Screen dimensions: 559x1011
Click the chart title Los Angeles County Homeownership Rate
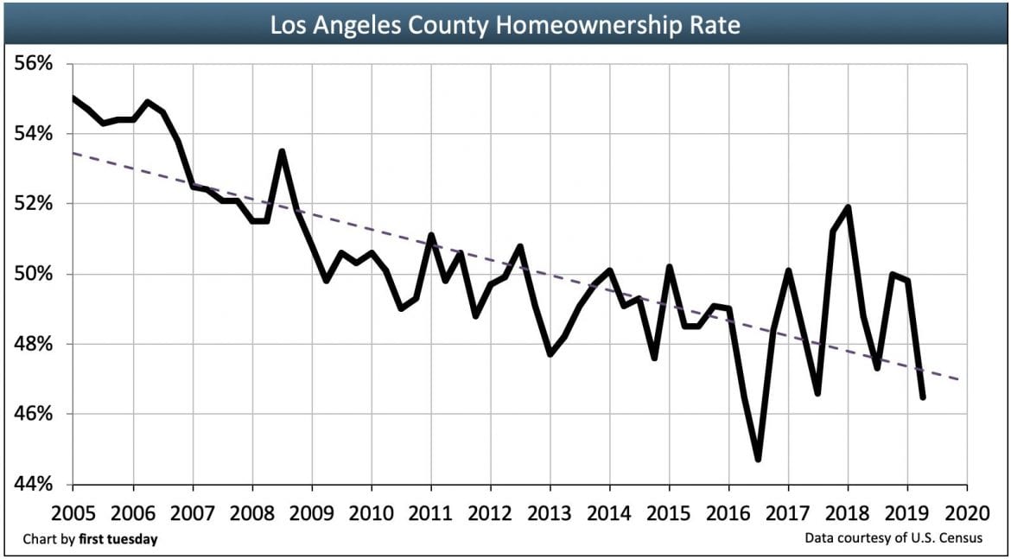click(505, 25)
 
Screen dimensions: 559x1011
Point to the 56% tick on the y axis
click(35, 64)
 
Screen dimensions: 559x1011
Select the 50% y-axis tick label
click(35, 275)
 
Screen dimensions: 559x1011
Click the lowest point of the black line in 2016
click(758, 459)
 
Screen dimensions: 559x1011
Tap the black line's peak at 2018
click(848, 207)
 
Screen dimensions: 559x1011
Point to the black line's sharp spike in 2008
click(282, 151)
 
